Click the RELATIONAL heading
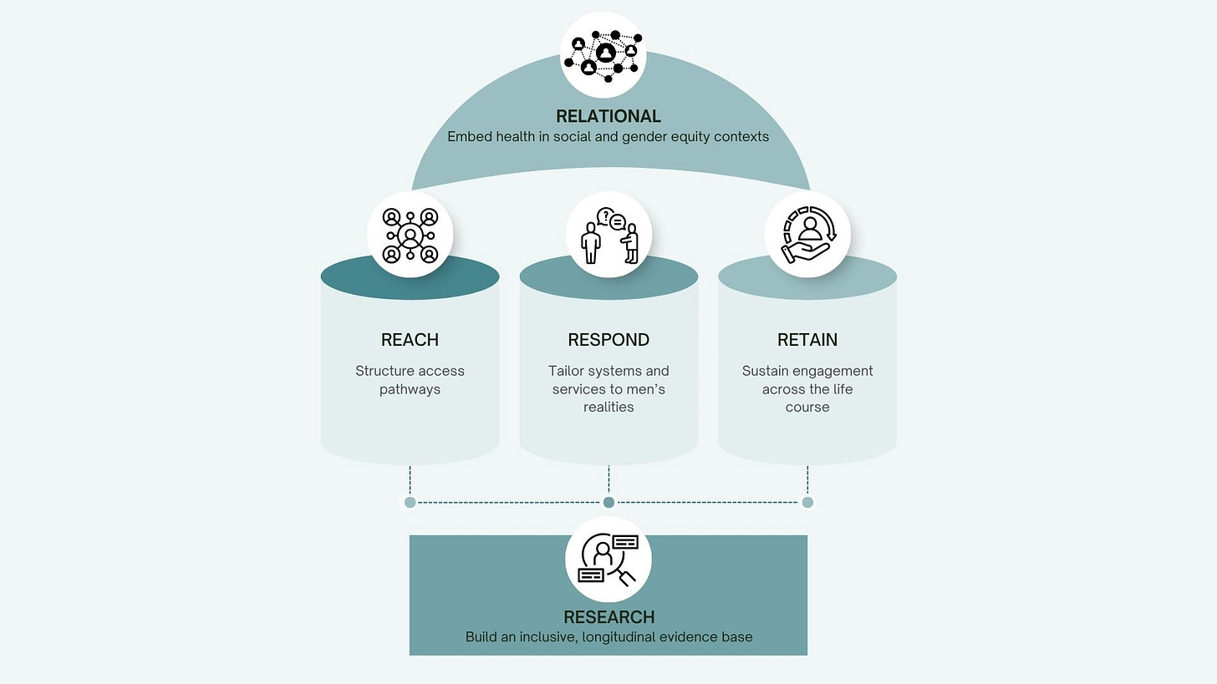click(608, 116)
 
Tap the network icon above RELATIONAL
click(603, 55)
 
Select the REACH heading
click(410, 340)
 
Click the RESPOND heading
click(608, 340)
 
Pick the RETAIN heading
click(807, 340)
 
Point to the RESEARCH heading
click(608, 617)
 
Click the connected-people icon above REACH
click(410, 236)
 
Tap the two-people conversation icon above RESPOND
click(608, 236)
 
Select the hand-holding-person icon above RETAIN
click(807, 236)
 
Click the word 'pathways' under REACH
click(410, 389)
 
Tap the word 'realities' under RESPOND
click(608, 408)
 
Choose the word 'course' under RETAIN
click(807, 408)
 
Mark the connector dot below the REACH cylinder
click(410, 502)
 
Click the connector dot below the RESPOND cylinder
click(608, 502)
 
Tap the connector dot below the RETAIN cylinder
click(807, 502)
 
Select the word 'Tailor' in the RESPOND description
click(567, 371)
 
